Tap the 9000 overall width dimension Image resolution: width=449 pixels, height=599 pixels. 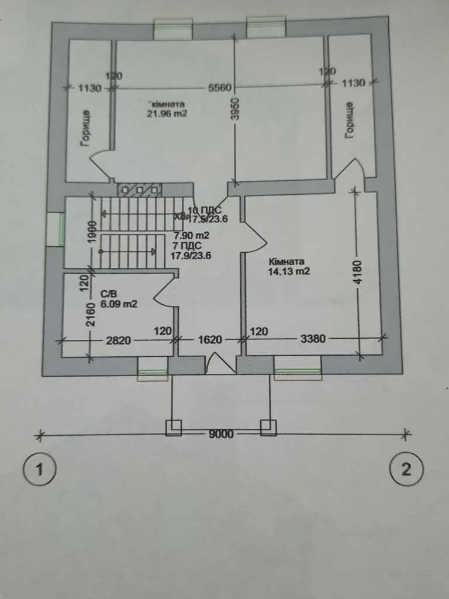pos(221,434)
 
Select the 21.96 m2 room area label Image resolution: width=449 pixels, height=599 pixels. pos(167,114)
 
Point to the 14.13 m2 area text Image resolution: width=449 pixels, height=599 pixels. pos(289,271)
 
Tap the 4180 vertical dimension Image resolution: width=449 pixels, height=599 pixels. pos(358,272)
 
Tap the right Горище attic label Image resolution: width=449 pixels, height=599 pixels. pos(350,120)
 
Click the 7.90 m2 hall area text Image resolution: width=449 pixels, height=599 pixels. pos(192,236)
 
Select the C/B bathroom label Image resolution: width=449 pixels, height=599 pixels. pos(108,294)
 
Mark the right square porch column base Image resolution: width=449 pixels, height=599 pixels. pos(268,428)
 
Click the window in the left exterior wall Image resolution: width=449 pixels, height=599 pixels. pos(56,228)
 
